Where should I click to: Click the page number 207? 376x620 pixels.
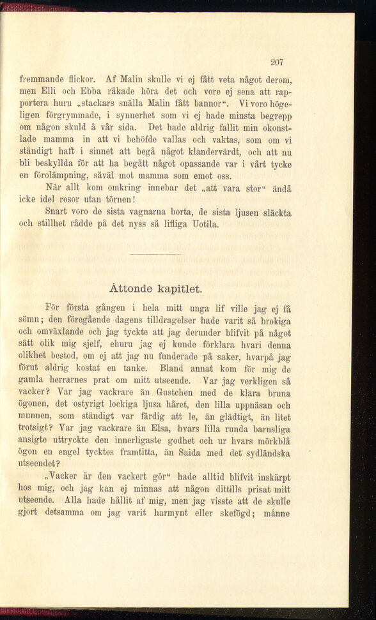click(x=276, y=62)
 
